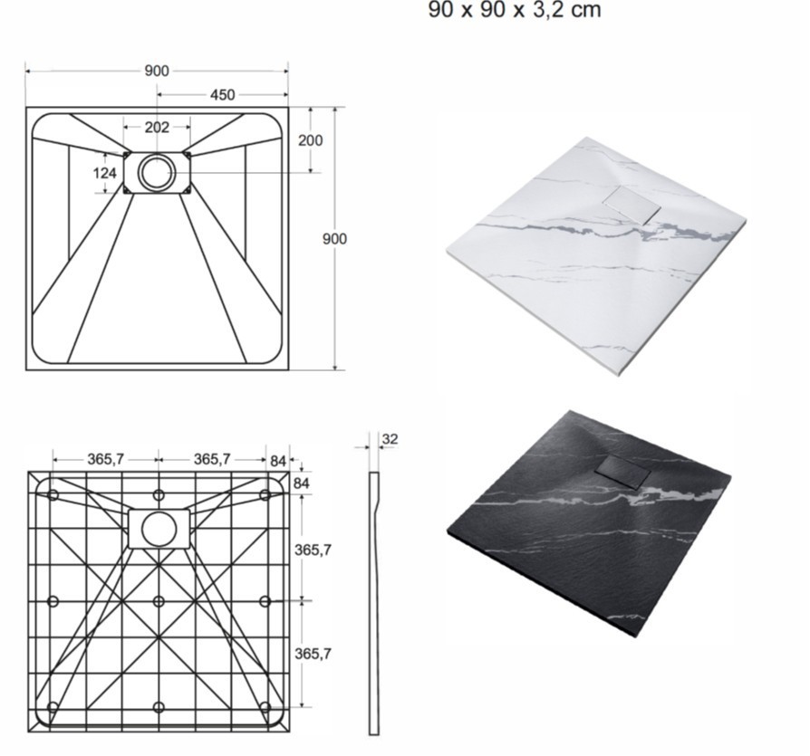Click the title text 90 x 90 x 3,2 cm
coord(515,10)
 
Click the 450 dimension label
coord(222,95)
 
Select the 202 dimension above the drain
coord(157,127)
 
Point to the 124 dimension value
coord(105,173)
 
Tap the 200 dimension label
coord(310,140)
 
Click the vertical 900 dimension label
coord(334,239)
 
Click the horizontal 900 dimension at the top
coord(157,71)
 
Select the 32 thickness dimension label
coord(390,439)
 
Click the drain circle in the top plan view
coord(157,172)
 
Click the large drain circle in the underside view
coord(159,529)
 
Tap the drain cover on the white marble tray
coord(632,205)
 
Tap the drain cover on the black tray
coord(623,471)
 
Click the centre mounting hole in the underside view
coord(159,601)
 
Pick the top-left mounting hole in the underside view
coord(53,495)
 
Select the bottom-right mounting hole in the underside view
coord(265,707)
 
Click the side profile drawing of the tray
coord(374,603)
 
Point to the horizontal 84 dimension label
coord(278,461)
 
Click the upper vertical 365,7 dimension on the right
coord(313,550)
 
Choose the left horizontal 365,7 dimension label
coord(105,459)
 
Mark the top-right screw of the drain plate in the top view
coord(187,154)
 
